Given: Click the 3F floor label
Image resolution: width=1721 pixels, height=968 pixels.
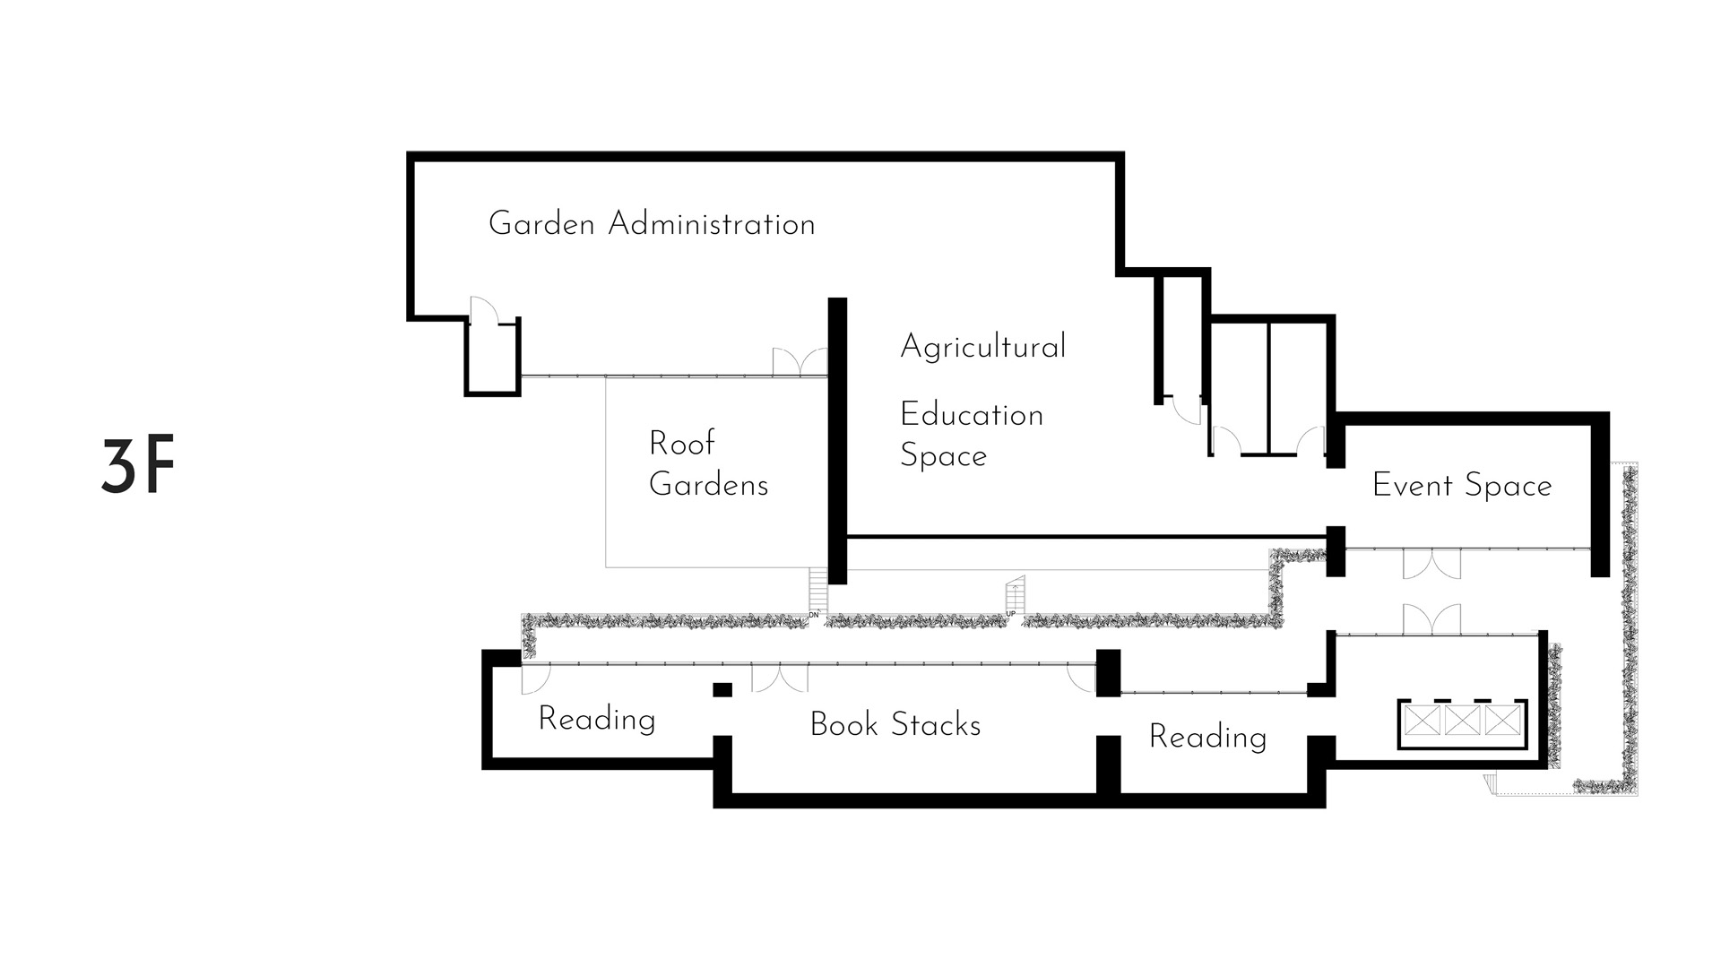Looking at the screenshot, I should tap(137, 467).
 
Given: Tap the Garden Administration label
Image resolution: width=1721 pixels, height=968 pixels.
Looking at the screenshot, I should tap(652, 223).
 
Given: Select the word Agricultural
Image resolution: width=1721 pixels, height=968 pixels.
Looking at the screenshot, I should tap(982, 347).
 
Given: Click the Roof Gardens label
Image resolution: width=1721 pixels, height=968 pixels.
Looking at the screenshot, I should tap(708, 464).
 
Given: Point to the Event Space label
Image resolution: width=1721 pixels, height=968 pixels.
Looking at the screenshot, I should tap(1461, 486).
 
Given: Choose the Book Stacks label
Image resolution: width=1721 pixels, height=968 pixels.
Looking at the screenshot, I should tap(895, 724).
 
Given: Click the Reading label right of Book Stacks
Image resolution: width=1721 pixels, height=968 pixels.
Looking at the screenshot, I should tap(1207, 737).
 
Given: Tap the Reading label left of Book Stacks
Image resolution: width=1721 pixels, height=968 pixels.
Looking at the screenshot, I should tap(596, 719).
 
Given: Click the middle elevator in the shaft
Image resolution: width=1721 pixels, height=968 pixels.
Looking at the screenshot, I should tap(1462, 721).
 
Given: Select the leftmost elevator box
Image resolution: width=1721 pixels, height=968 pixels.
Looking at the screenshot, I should tap(1422, 721).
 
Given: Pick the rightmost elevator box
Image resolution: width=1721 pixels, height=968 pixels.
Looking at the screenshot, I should tap(1503, 721).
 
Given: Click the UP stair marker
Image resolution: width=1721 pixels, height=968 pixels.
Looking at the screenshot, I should tap(1011, 614).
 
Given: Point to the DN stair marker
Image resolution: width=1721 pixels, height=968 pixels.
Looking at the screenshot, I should tap(814, 615).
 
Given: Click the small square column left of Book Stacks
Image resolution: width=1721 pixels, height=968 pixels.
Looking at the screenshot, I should tap(722, 689).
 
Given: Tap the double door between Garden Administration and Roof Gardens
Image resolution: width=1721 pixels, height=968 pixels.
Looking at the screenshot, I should tap(800, 362).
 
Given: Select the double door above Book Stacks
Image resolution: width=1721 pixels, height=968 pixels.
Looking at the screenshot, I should tap(779, 677).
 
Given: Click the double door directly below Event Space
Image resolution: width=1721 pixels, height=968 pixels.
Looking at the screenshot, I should tap(1431, 564).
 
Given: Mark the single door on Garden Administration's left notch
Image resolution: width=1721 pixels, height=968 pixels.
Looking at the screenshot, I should tap(482, 310).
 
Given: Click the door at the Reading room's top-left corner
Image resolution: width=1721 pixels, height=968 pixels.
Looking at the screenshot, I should tap(534, 678).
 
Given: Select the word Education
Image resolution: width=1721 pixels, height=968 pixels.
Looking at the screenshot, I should tap(972, 415).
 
